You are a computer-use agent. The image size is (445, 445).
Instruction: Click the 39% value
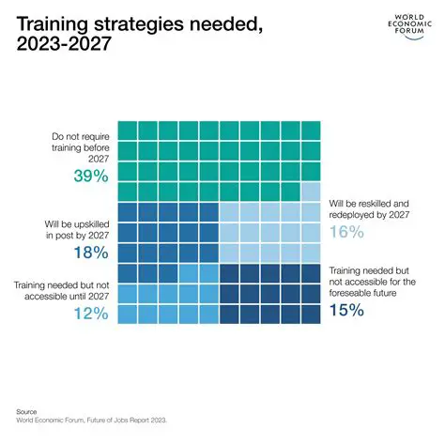tap(90, 177)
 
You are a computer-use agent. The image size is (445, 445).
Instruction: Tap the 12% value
tap(89, 315)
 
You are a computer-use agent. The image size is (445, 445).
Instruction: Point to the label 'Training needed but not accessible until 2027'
tap(63, 288)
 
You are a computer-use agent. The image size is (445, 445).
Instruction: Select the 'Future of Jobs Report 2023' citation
tap(128, 422)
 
